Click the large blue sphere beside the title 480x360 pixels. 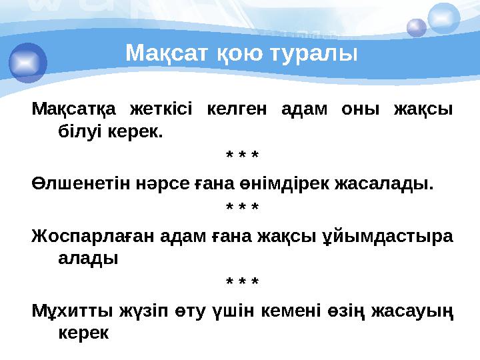[28, 62]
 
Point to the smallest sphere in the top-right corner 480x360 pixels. [417, 27]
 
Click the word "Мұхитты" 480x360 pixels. [73, 311]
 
